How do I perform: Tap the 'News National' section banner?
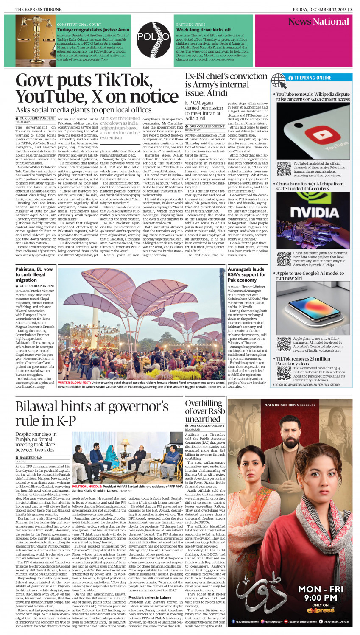318,22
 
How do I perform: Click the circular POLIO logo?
153,37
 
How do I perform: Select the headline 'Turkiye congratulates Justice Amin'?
93,30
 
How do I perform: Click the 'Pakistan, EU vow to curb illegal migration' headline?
34,274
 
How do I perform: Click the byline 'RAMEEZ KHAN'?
31,458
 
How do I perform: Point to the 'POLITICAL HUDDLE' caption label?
87,487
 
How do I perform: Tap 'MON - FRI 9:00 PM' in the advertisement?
318,593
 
